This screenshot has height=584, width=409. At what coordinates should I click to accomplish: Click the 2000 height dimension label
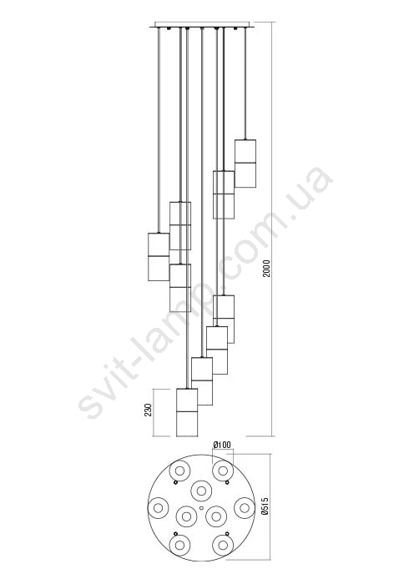click(x=267, y=268)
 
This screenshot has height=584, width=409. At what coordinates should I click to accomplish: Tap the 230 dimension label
click(x=149, y=410)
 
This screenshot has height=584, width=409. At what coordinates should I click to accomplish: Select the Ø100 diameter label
click(x=222, y=445)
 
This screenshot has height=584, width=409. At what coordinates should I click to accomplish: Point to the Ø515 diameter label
click(x=265, y=506)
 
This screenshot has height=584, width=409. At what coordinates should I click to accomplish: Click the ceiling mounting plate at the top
click(x=202, y=24)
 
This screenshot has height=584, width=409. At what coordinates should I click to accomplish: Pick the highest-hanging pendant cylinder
click(x=245, y=164)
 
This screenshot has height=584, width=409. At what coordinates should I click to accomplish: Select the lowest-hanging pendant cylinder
click(x=187, y=412)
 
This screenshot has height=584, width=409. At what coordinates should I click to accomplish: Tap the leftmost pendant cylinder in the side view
click(x=159, y=257)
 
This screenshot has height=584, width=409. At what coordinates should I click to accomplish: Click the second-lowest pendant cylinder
click(x=202, y=381)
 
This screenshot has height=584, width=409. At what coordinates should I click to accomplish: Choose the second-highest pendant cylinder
click(x=224, y=194)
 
